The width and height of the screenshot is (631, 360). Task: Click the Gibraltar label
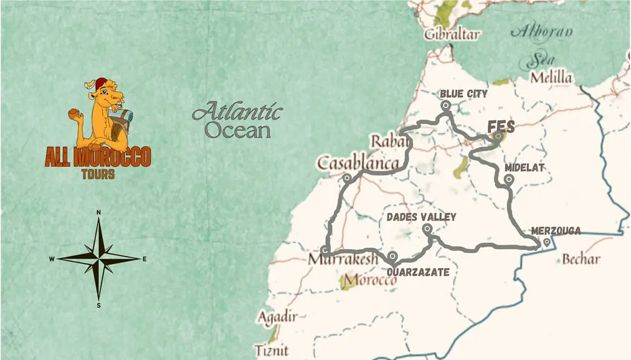[x=452, y=34]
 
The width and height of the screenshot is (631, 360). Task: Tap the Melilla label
[x=551, y=78]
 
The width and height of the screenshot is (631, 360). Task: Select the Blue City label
[x=463, y=94]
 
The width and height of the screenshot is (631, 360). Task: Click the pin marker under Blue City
[x=445, y=106]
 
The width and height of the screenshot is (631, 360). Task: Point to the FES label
[x=501, y=126]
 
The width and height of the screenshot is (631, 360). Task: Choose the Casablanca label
[x=358, y=163]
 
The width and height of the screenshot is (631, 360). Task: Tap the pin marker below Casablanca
[x=347, y=178]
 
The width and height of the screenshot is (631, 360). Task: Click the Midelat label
[x=524, y=168]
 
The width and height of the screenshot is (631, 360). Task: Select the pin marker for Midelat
[x=509, y=179]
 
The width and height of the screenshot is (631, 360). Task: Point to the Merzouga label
[x=556, y=231]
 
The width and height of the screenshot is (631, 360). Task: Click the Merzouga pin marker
[x=546, y=242]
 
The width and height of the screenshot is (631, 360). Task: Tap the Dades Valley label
[x=421, y=217]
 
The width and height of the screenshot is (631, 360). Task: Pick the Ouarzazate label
[x=418, y=272]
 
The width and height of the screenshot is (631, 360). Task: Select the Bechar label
[x=581, y=259]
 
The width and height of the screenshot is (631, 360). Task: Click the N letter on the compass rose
[x=98, y=213]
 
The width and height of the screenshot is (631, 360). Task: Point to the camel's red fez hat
[x=102, y=83]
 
